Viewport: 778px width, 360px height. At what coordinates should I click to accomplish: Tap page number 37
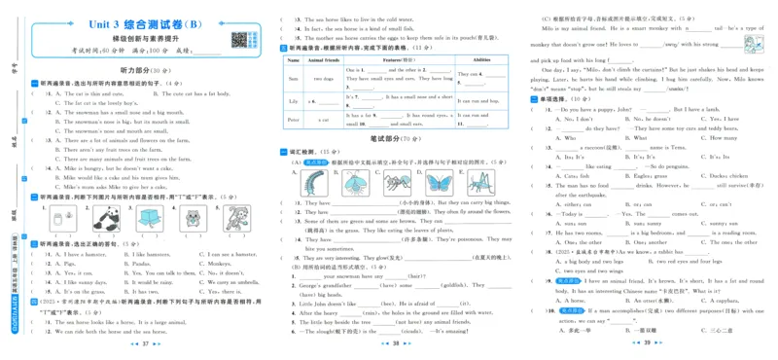(x=143, y=343)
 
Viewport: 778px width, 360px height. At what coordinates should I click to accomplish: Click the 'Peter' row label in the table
(x=293, y=119)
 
